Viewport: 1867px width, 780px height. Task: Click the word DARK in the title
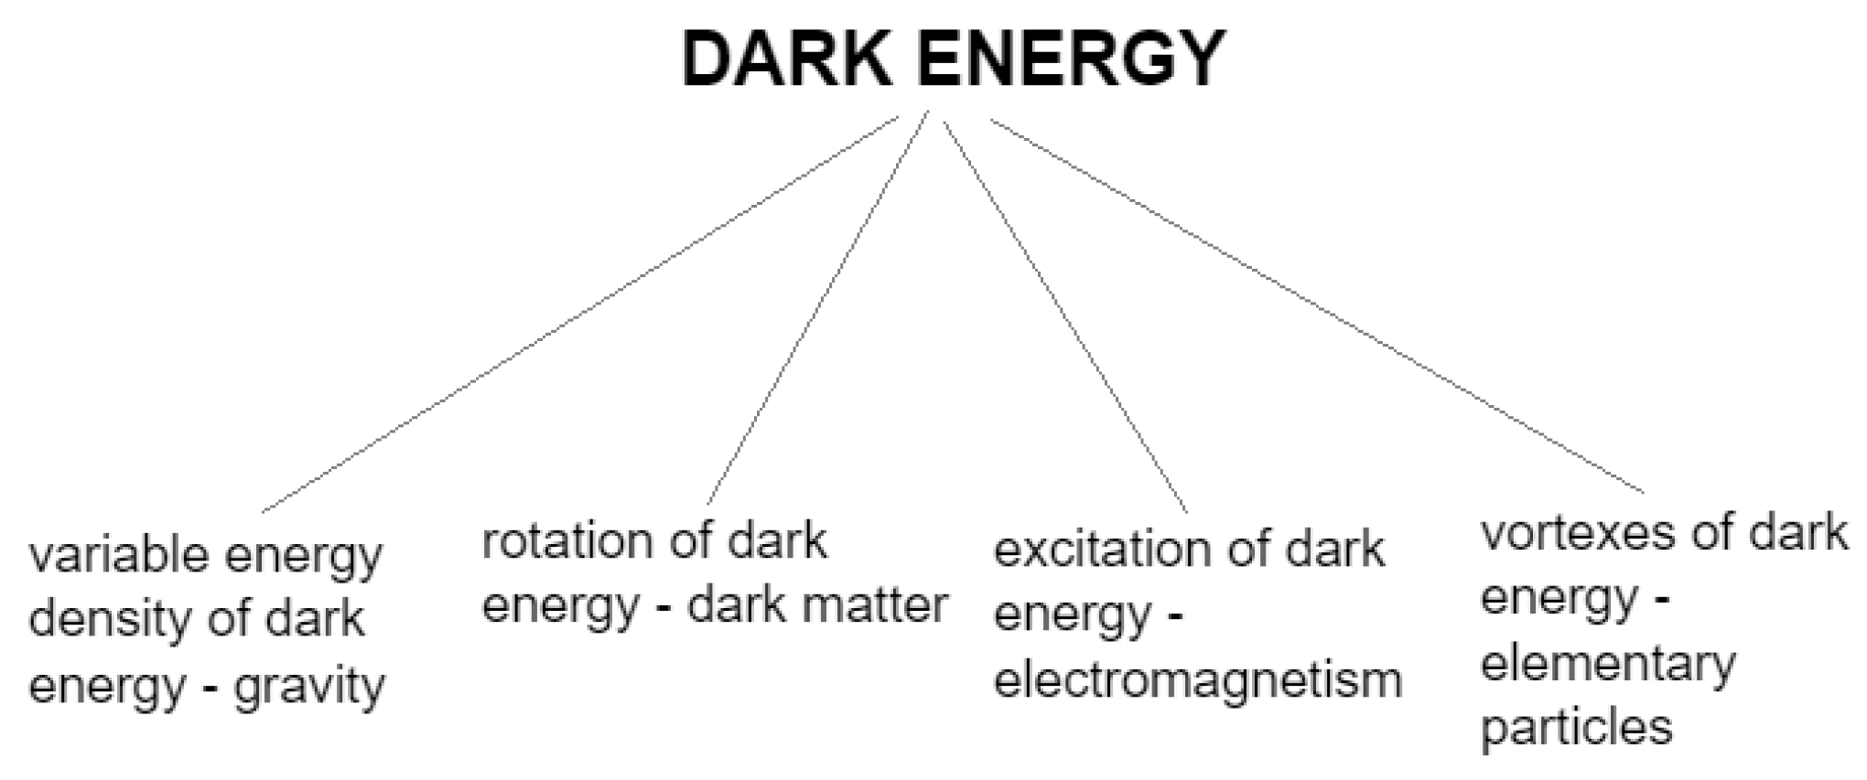click(787, 59)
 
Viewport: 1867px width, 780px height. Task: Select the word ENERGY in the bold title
click(1071, 59)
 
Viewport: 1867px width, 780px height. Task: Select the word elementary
click(1608, 664)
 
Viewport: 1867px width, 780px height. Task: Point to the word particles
click(1576, 728)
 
